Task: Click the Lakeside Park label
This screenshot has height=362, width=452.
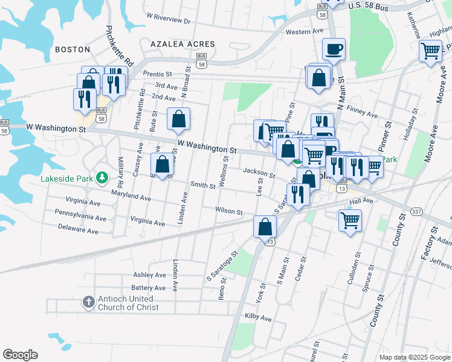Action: point(68,179)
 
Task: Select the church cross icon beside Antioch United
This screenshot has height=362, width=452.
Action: point(88,301)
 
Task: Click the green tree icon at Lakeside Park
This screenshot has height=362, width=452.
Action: point(103,177)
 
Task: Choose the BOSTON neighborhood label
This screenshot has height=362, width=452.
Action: point(73,49)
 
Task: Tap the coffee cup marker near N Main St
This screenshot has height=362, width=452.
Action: point(333,50)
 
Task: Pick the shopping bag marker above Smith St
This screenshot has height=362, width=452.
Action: point(162,164)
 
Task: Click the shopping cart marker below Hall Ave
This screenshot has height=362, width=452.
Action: point(350,220)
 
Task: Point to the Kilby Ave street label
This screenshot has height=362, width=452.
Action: point(258,317)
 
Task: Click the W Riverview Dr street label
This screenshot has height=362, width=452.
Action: point(168,21)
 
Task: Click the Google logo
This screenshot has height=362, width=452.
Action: point(20,355)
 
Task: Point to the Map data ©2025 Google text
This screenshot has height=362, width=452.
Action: point(414,357)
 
